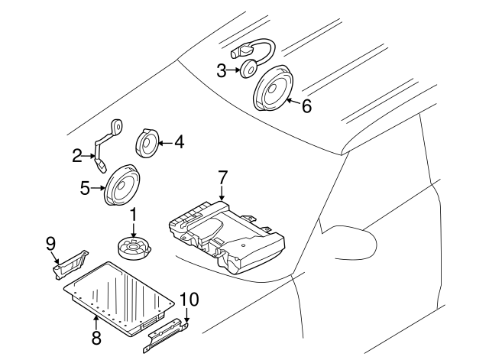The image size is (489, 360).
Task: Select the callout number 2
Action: pos(77,157)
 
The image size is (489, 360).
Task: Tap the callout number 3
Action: pos(222,71)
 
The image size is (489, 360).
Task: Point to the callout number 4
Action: pos(179,141)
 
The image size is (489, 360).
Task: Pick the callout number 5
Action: pos(86,186)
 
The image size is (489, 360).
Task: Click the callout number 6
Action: pos(306,106)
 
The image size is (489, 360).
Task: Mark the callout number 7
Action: pos(222,178)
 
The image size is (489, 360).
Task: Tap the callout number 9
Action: pos(51,243)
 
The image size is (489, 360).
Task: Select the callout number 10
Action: pos(188,299)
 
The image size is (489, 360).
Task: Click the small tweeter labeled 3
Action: pos(249,71)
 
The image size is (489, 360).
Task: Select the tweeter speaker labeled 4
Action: pos(147,142)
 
